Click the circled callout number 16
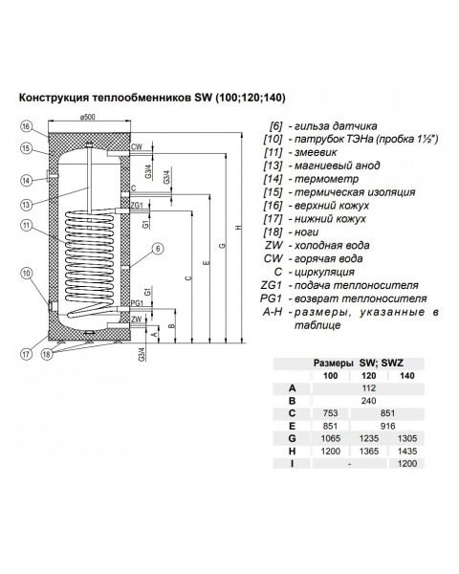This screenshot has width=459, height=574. click(29, 125)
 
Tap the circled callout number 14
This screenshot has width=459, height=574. click(29, 178)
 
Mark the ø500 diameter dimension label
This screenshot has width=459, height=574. click(89, 118)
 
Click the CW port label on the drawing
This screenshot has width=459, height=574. click(137, 147)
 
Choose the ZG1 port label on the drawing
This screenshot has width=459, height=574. click(137, 205)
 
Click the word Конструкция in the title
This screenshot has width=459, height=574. click(64, 97)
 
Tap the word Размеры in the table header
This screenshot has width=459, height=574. click(337, 364)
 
